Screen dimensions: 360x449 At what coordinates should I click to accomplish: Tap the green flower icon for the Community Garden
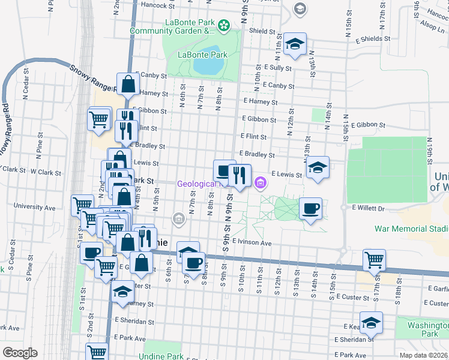click(224, 26)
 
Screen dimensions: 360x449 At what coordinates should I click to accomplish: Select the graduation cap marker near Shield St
click(295, 45)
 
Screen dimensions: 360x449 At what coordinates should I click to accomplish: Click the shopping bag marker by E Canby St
click(128, 85)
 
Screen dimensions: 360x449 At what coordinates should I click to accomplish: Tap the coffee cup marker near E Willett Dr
click(310, 209)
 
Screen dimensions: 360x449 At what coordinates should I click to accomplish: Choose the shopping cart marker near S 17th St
click(374, 260)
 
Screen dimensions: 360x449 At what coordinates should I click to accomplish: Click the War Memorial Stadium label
click(411, 229)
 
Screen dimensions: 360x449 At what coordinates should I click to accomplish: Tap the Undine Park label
click(160, 356)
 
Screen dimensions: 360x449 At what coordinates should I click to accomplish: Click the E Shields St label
click(372, 38)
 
